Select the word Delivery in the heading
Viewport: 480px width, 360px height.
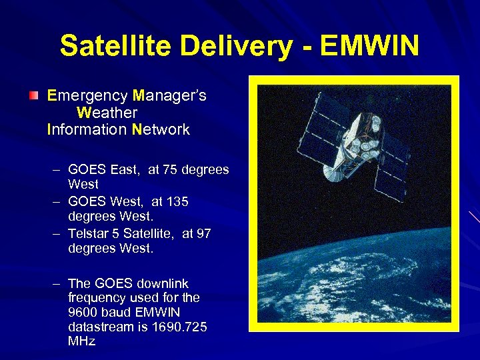[x=237, y=46]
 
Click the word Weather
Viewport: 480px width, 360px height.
[x=107, y=113]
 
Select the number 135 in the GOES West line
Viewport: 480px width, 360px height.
[x=177, y=201]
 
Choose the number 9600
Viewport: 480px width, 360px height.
[x=82, y=312]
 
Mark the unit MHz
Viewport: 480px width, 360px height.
[x=82, y=341]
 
